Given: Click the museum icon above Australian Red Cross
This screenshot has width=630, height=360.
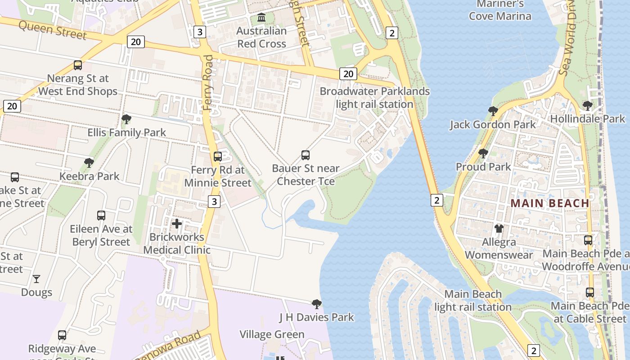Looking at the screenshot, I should coord(261,18).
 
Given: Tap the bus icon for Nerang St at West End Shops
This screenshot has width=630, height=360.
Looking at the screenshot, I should coord(78,65).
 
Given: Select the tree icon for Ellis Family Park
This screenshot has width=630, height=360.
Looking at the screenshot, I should coord(126,119).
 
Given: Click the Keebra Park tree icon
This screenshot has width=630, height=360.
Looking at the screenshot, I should coord(89,162).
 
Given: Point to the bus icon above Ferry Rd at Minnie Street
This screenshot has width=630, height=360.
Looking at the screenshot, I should coord(218,157).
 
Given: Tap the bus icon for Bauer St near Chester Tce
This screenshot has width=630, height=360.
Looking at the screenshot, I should coord(306,155).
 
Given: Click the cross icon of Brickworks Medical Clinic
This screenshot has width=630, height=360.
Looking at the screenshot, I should coord(177,223).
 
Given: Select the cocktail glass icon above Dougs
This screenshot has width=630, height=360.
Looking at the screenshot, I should coord(36,279).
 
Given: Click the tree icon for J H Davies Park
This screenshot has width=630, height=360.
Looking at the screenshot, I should coord(317,304).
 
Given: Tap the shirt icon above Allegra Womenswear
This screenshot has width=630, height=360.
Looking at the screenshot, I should coord(499,229).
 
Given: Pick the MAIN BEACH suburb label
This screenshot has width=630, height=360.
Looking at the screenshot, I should coord(550,203).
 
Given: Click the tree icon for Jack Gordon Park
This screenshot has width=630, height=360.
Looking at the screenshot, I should coord(493,111).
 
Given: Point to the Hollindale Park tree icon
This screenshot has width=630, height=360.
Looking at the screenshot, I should coord(587,106).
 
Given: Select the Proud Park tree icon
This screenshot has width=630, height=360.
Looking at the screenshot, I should coord(483,153).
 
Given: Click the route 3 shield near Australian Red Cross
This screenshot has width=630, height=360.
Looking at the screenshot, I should coord(200,31).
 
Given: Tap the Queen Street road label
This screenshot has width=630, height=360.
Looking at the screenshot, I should coord(53,31).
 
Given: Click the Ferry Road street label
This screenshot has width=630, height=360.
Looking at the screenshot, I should coord(208,83).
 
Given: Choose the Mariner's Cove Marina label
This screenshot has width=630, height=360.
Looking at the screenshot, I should coord(500,10).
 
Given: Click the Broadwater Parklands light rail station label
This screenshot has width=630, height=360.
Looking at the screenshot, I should coord(374,98).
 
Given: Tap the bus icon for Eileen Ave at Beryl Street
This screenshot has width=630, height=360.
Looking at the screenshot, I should coord(101,216).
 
